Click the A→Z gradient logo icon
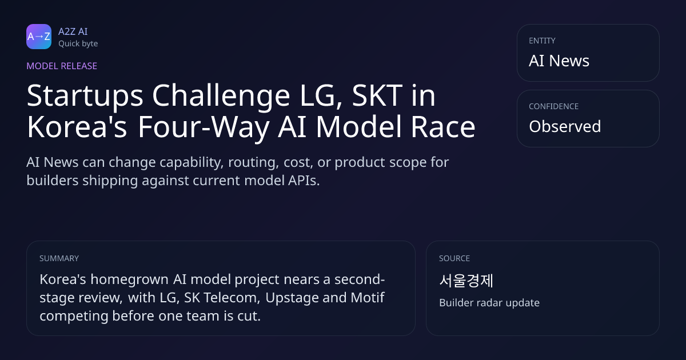[39, 37]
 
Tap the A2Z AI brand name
[73, 31]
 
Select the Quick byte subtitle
[78, 44]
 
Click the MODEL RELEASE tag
[62, 66]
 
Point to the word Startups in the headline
[85, 97]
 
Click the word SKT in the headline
[377, 95]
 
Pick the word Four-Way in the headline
[204, 127]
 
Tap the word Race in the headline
[443, 127]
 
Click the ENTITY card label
[542, 41]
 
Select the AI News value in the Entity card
[559, 61]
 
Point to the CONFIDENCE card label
[554, 106]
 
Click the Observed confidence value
[565, 126]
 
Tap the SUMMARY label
[59, 258]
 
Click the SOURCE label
[454, 258]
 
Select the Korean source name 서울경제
[466, 281]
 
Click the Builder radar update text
[489, 303]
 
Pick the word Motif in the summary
[368, 298]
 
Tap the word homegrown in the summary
[130, 280]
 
